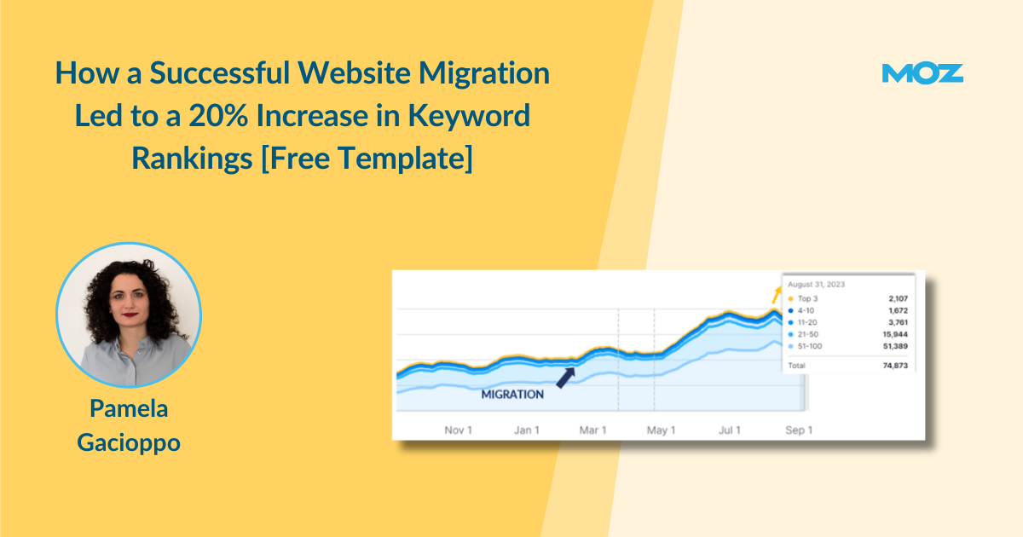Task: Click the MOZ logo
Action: click(922, 73)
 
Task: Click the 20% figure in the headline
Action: click(218, 115)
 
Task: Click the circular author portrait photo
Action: click(129, 315)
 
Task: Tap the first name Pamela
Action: click(129, 408)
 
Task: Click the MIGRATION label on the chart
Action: click(512, 395)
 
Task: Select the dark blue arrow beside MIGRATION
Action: click(566, 378)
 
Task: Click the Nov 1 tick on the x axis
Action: click(458, 430)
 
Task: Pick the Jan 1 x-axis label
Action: click(527, 430)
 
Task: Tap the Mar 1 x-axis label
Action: click(592, 430)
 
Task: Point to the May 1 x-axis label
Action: click(661, 430)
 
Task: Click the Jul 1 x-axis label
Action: click(730, 430)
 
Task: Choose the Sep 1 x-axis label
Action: click(799, 430)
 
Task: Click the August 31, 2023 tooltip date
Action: click(816, 285)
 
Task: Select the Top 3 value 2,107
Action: click(898, 298)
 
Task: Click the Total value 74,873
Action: click(895, 366)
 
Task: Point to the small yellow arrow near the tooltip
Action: click(776, 295)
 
